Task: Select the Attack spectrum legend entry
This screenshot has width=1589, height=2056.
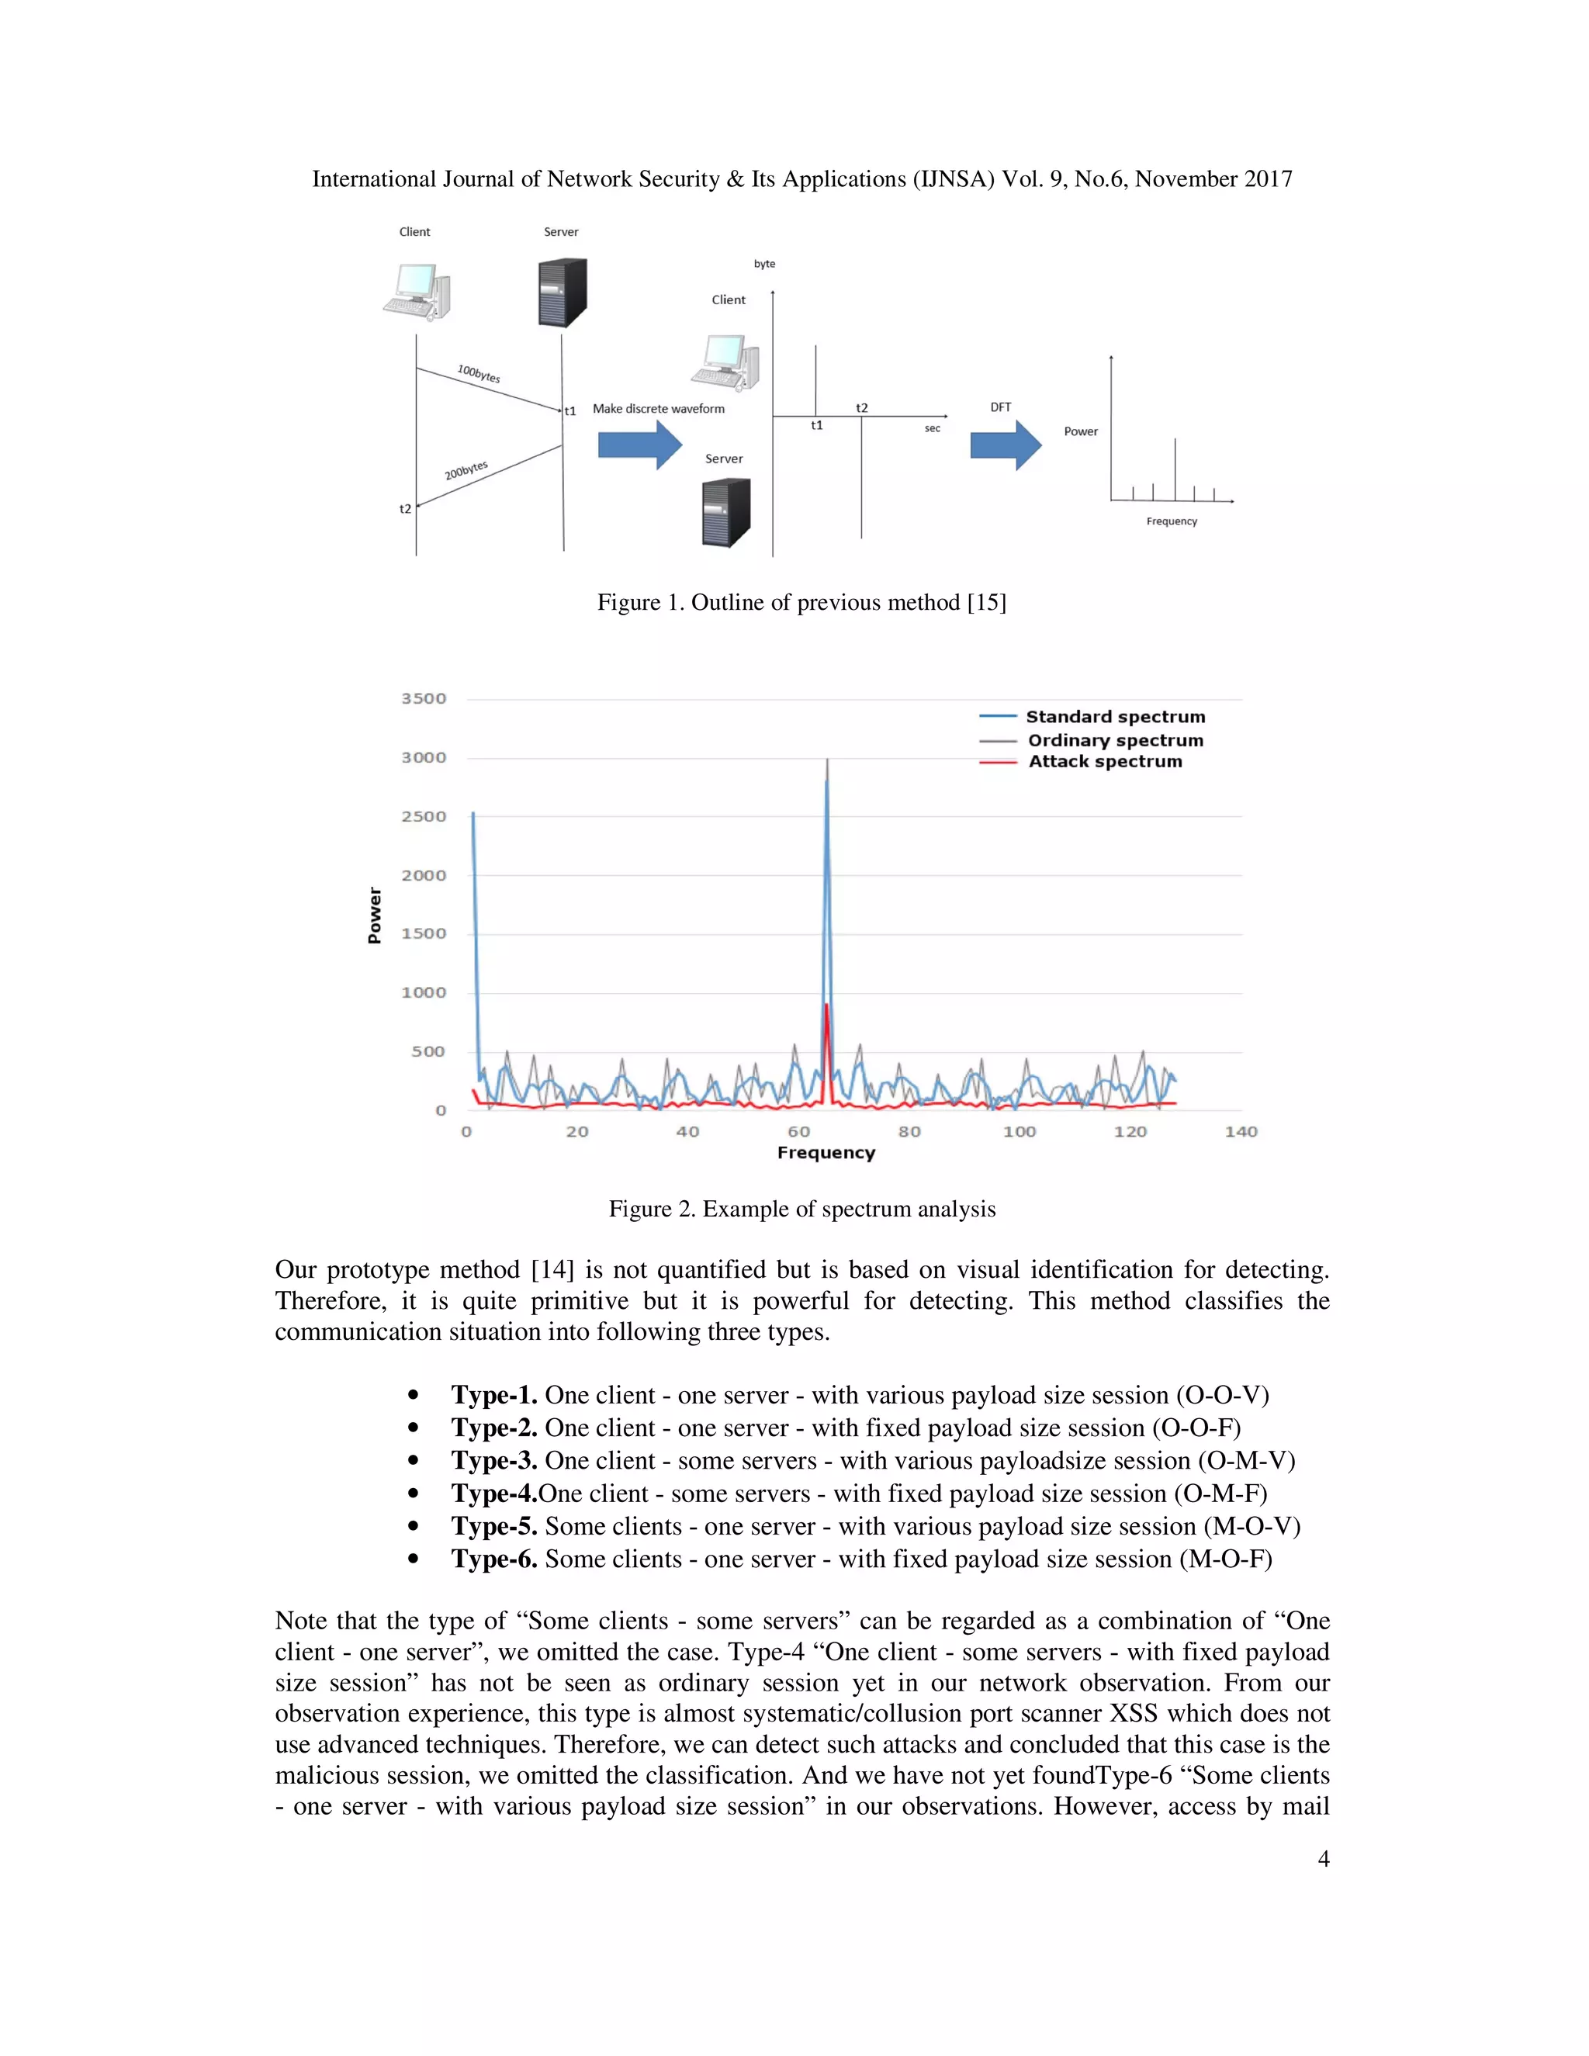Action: [x=1104, y=762]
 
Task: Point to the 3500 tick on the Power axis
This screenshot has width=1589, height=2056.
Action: [x=424, y=698]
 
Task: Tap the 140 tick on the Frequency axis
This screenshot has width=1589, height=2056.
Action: [x=1241, y=1131]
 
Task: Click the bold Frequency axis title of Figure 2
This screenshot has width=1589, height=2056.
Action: [x=826, y=1153]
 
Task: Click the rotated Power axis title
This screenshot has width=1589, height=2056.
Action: [x=375, y=915]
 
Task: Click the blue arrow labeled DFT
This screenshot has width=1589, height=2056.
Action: [x=1006, y=445]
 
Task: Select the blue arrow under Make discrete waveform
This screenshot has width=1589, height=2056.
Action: [x=639, y=445]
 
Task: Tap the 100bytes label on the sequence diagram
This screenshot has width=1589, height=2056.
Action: [x=478, y=374]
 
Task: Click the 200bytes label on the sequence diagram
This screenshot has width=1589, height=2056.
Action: [x=466, y=469]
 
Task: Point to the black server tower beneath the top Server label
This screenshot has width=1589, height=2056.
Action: [x=562, y=292]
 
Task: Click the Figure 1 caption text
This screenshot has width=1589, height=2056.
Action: [x=801, y=603]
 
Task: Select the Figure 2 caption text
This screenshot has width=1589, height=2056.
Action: [x=801, y=1209]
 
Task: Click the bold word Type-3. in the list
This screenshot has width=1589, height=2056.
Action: [x=493, y=1460]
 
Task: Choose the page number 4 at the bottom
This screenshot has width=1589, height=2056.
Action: [x=1323, y=1858]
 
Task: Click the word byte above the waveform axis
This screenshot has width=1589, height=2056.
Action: [x=764, y=264]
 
